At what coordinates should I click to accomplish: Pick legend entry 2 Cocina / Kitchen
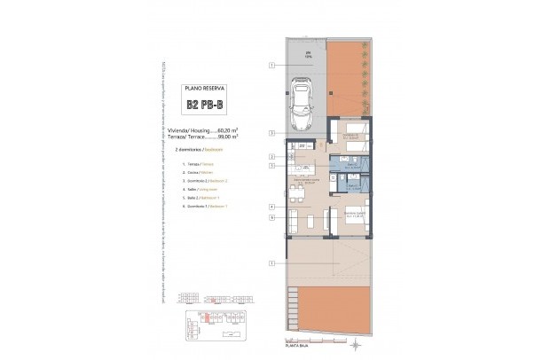tap(197, 173)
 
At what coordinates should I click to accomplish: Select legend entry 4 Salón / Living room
tap(197, 189)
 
